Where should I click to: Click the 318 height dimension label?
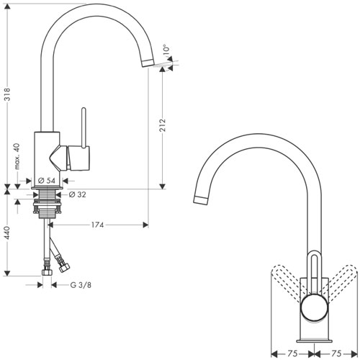tap(8, 94)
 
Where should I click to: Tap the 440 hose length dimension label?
tap(8, 233)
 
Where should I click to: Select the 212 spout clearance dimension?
tap(163, 125)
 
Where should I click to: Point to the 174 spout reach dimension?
tap(97, 225)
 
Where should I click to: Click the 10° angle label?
tap(166, 49)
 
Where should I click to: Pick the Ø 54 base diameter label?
tap(47, 181)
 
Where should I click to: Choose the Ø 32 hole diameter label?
tap(77, 194)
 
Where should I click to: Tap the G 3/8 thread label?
tap(81, 285)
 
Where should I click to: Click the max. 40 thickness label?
tap(17, 156)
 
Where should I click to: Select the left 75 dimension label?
tap(292, 354)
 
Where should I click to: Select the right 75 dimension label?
tap(336, 354)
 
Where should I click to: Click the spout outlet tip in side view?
tap(148, 63)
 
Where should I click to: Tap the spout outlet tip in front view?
tap(201, 200)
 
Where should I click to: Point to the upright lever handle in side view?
tap(84, 127)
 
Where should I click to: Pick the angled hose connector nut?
tap(64, 267)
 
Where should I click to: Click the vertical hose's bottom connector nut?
tap(47, 272)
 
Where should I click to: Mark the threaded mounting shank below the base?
tap(47, 204)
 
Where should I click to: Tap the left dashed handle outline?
tap(288, 283)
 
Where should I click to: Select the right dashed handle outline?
tap(341, 283)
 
